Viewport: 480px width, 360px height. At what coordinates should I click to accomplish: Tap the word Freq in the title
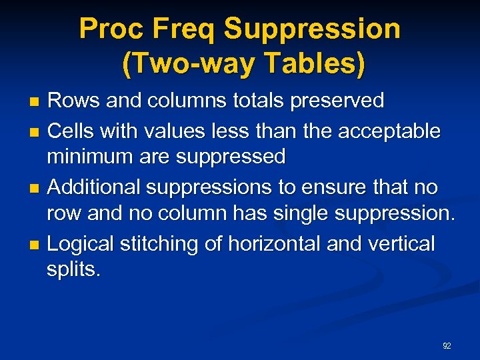coord(187,29)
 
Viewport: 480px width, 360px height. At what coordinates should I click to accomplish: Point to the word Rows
coord(72,101)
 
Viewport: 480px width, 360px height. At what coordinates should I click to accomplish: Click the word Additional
coord(94,187)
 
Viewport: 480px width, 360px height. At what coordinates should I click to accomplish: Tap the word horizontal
coord(275,244)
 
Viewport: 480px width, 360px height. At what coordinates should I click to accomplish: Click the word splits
coord(73,270)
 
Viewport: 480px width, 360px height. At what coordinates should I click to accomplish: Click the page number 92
coord(447,346)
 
